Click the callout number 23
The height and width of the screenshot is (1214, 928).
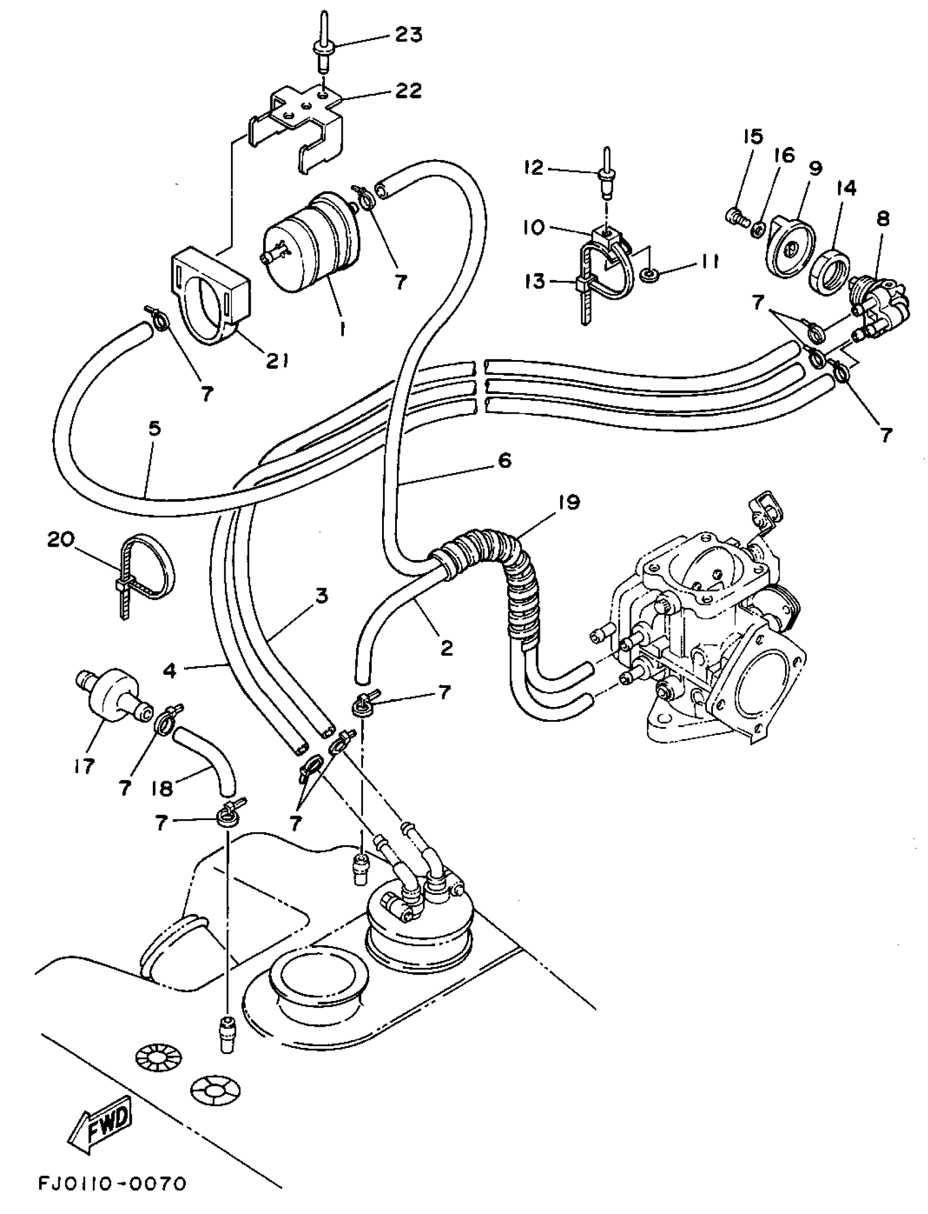coord(408,35)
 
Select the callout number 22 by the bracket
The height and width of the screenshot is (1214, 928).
coord(408,90)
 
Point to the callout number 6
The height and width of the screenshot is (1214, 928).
coord(504,461)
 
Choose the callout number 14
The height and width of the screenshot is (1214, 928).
coord(846,188)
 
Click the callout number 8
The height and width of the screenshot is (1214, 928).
coord(883,219)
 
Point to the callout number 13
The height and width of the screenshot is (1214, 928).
coord(534,281)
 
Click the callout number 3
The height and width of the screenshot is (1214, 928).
coord(321,596)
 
